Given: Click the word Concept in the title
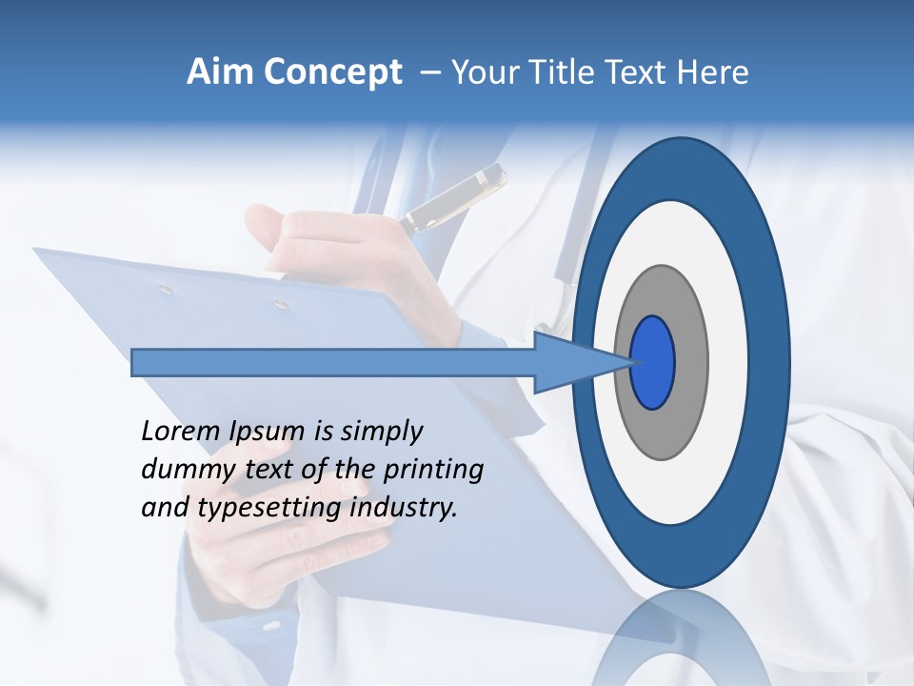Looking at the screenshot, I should click(332, 72).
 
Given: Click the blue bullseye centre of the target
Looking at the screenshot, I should click(652, 363).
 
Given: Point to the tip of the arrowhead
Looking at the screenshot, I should click(630, 362).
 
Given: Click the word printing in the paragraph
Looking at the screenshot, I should click(433, 470).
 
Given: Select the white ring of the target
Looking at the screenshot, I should click(729, 362).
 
